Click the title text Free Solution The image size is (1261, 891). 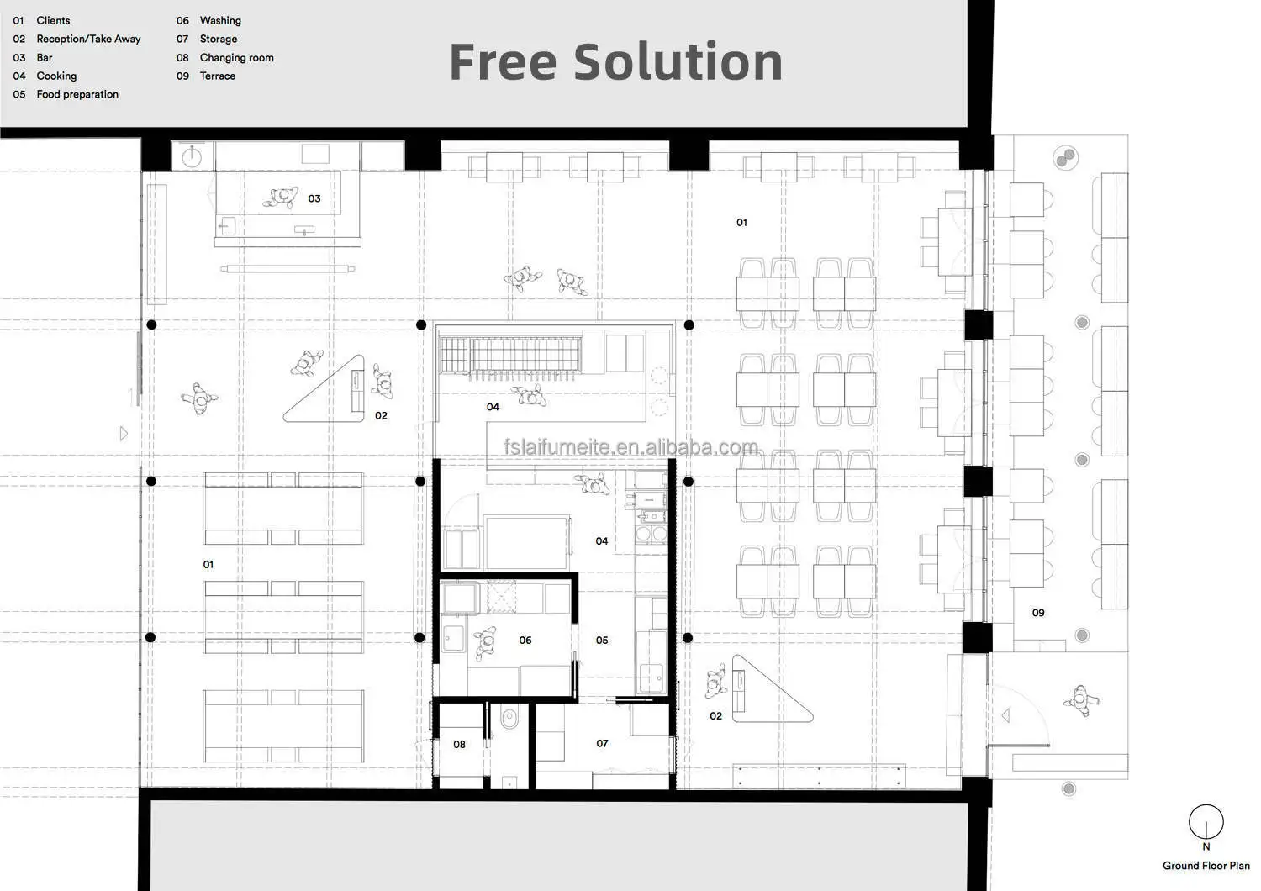pyautogui.click(x=615, y=62)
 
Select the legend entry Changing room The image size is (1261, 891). pyautogui.click(x=236, y=57)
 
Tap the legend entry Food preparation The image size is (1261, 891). pyautogui.click(x=77, y=94)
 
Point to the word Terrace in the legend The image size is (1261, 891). pyautogui.click(x=217, y=76)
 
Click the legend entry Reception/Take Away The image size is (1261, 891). pyautogui.click(x=88, y=39)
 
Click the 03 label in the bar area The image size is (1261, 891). pyautogui.click(x=314, y=198)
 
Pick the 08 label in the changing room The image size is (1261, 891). pyautogui.click(x=459, y=745)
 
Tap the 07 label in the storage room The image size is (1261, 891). pyautogui.click(x=603, y=744)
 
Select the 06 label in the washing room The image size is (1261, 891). pyautogui.click(x=525, y=640)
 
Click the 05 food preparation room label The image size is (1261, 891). pyautogui.click(x=602, y=640)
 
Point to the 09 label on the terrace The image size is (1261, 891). pyautogui.click(x=1038, y=613)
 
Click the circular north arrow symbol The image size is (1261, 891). pyautogui.click(x=1206, y=821)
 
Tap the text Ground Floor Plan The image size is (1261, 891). pyautogui.click(x=1206, y=866)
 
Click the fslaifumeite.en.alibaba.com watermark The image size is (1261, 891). pyautogui.click(x=630, y=447)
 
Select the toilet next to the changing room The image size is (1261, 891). pyautogui.click(x=509, y=719)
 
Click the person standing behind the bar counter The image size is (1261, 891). pyautogui.click(x=281, y=197)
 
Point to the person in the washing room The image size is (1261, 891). pyautogui.click(x=485, y=643)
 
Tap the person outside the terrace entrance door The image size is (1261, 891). pyautogui.click(x=1081, y=701)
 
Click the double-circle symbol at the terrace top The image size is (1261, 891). pyautogui.click(x=1066, y=158)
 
